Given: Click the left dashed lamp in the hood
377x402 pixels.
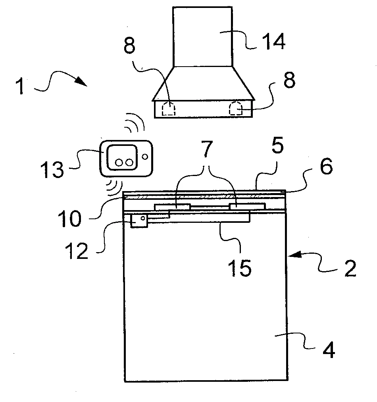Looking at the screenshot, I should point(169,108).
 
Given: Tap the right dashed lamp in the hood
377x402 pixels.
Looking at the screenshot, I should point(236,108).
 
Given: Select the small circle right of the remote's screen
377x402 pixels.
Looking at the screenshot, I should point(145,157).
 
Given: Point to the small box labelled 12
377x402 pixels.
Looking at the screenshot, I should point(138,220).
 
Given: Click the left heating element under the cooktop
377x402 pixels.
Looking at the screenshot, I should point(172,207).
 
